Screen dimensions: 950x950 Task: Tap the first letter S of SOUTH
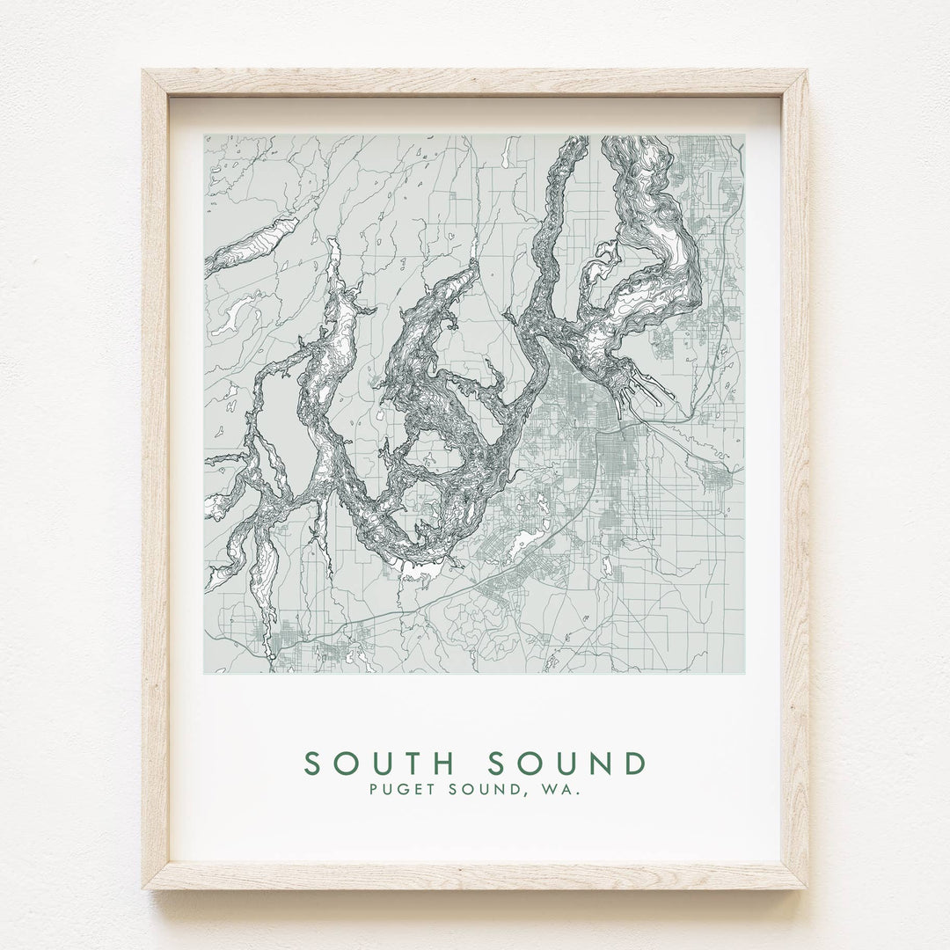point(311,761)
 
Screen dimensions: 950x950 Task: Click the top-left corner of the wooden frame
point(143,71)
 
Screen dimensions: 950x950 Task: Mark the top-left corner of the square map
point(205,135)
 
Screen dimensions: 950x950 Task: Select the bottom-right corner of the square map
point(744,674)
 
